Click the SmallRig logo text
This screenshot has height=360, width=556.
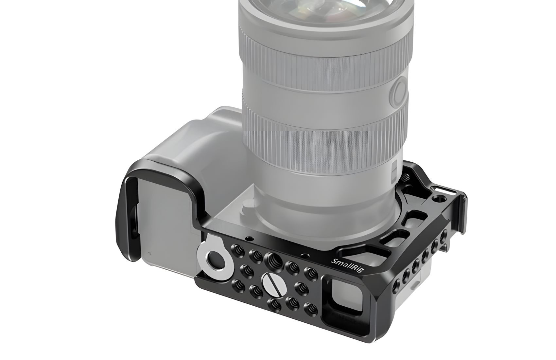[347, 267]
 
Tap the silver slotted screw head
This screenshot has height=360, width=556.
[272, 283]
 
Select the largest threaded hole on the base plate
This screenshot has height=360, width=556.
[273, 261]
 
